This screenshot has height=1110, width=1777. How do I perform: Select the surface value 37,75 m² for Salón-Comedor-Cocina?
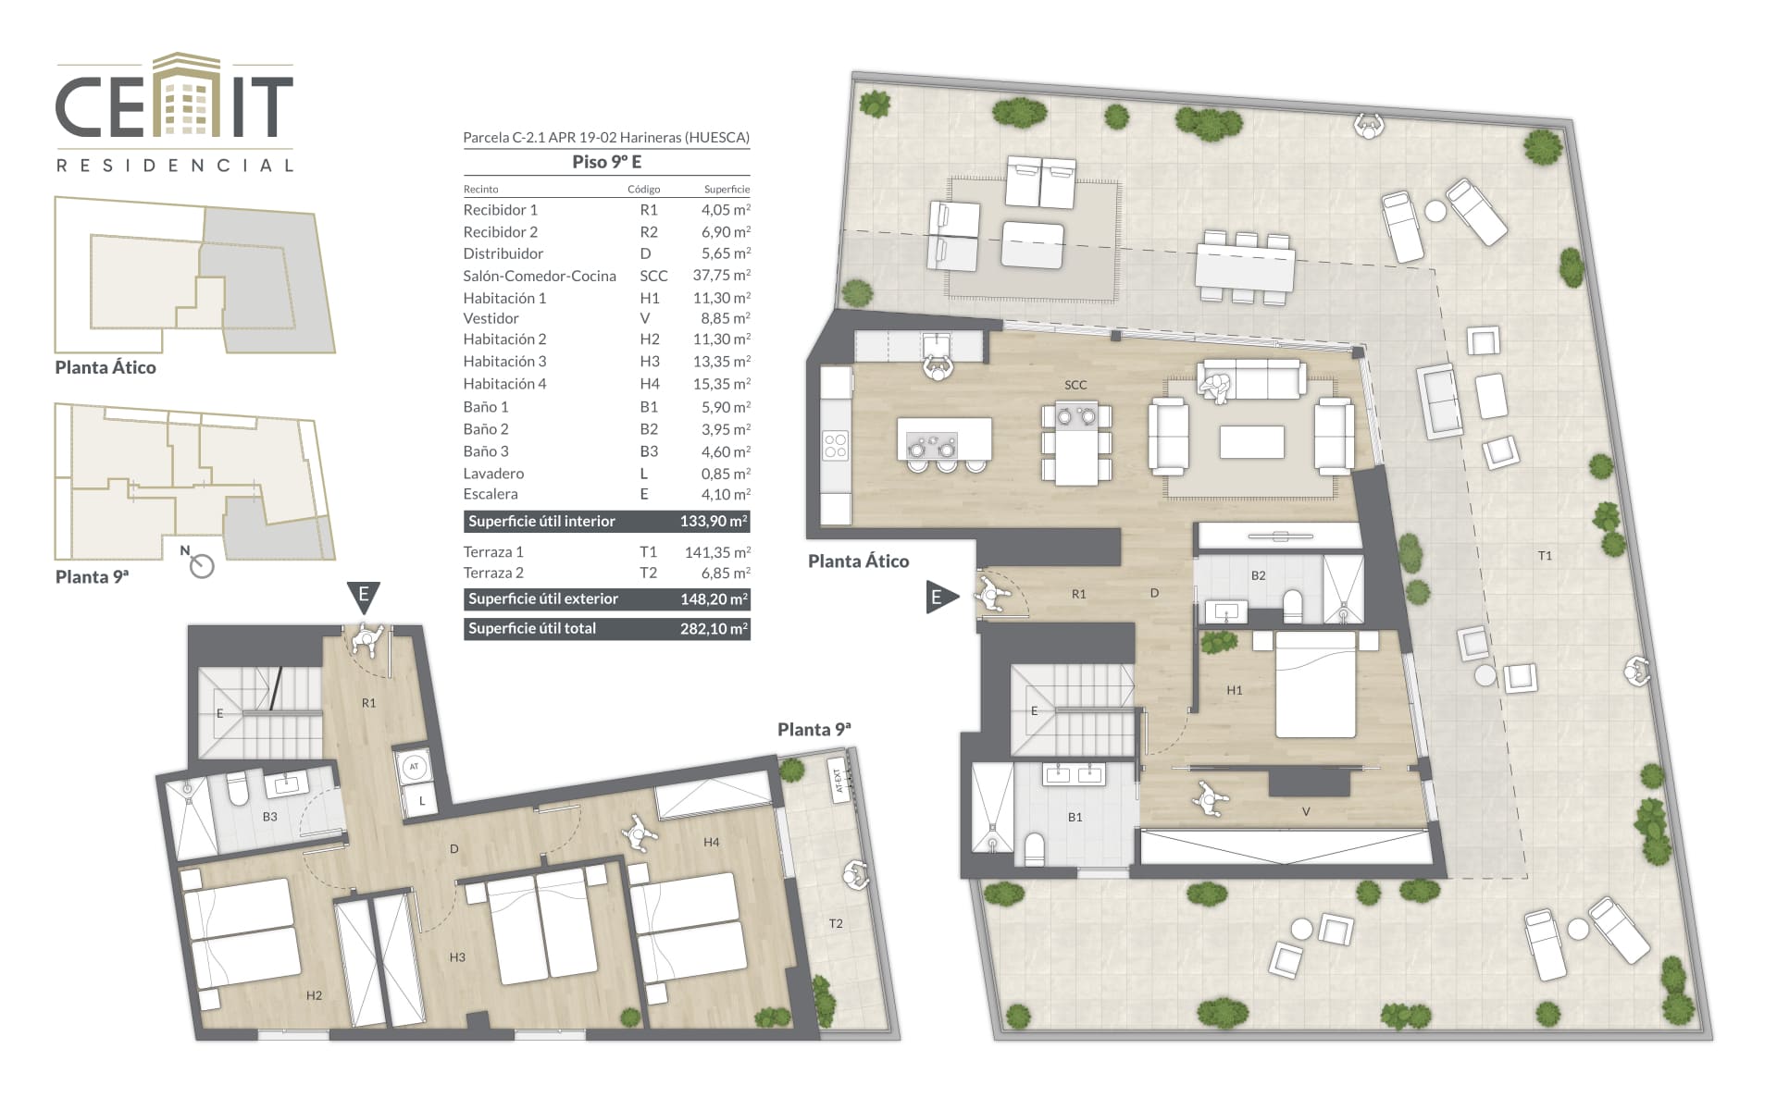click(x=721, y=275)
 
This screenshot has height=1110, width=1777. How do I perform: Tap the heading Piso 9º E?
click(x=606, y=162)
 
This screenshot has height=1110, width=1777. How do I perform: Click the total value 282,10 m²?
click(x=714, y=628)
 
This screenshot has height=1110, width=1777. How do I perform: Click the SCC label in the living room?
click(x=1075, y=385)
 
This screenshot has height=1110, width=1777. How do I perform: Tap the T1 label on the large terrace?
click(x=1545, y=556)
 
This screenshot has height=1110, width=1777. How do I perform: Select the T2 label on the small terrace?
click(x=836, y=923)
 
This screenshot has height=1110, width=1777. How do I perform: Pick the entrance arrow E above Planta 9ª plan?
click(x=364, y=596)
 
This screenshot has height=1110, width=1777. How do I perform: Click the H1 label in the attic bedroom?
click(x=1234, y=690)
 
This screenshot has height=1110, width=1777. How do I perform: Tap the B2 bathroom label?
click(x=1258, y=575)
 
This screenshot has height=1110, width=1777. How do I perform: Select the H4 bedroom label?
click(x=711, y=842)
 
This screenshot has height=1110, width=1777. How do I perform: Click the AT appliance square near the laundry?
click(x=414, y=766)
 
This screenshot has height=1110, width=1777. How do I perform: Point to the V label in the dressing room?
click(x=1306, y=811)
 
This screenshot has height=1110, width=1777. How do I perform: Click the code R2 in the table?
click(x=648, y=232)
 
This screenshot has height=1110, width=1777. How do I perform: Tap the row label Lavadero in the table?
click(x=493, y=474)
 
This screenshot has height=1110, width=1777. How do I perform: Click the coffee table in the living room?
click(x=1251, y=442)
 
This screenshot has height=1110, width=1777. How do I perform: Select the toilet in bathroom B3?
click(x=238, y=790)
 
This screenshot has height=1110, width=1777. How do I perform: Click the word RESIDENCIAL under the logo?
click(x=175, y=166)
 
